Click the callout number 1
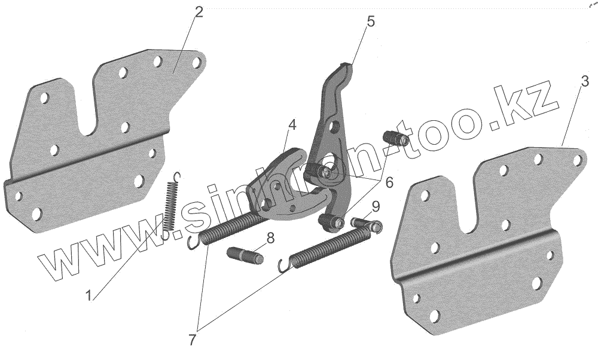coord(88,295)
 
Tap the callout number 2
coord(199,13)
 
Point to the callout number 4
coord(291,125)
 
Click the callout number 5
coord(370,22)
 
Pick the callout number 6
coord(389,183)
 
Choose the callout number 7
coord(193,340)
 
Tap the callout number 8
coord(270,238)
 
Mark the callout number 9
coord(375,207)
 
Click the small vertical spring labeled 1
coord(170,203)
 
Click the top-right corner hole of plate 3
coord(577,160)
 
